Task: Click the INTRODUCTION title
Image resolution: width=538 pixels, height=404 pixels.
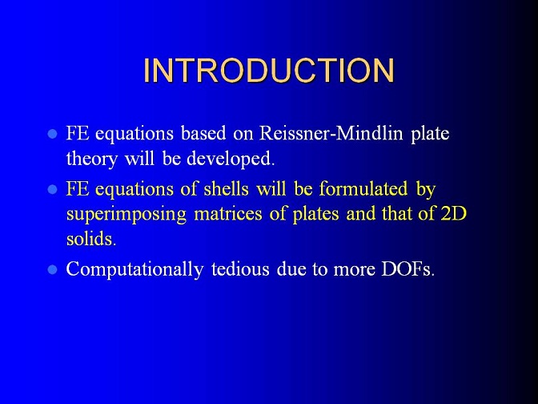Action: pos(269,71)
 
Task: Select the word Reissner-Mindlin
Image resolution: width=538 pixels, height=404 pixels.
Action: pos(331,133)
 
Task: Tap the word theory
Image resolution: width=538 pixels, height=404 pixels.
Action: pos(91,159)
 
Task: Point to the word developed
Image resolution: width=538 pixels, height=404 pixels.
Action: pos(231,158)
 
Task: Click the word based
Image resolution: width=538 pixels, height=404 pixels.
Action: pos(203,133)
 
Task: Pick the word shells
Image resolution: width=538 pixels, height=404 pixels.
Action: pos(226,188)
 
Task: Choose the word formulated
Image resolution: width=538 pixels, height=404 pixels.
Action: pos(363,188)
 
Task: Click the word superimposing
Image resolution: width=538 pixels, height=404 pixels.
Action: pos(126,215)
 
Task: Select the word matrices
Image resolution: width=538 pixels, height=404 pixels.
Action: pos(228,214)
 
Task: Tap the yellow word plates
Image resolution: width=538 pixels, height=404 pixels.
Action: pos(315,215)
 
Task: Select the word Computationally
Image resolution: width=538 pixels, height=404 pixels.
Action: pos(134,269)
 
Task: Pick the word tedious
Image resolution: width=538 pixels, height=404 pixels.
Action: pos(240,269)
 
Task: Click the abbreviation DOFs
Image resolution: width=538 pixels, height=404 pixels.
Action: pos(408,269)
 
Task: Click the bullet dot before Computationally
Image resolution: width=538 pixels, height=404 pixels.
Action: pos(52,269)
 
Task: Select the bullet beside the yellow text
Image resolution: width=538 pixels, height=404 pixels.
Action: pos(52,189)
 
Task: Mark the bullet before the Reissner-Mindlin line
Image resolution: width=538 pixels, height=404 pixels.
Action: pos(52,134)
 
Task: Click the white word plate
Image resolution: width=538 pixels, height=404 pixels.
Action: pos(430,134)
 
